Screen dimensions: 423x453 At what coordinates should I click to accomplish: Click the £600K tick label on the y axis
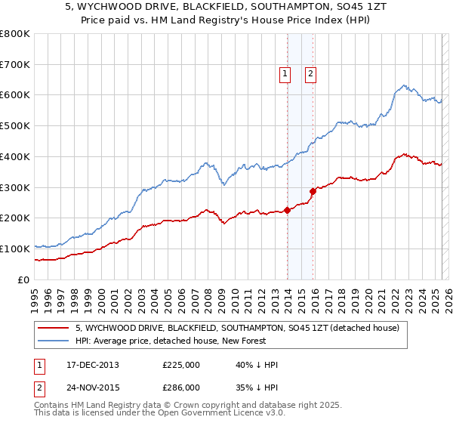pyautogui.click(x=15, y=95)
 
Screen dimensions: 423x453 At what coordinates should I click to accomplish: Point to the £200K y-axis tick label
pyautogui.click(x=15, y=218)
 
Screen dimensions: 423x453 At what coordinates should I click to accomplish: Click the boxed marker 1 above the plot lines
pyautogui.click(x=285, y=73)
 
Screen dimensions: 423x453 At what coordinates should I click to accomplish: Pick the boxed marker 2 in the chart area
pyautogui.click(x=310, y=73)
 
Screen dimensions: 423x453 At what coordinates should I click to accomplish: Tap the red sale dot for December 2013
pyautogui.click(x=288, y=210)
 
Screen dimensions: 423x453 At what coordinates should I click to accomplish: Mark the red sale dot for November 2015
pyautogui.click(x=313, y=191)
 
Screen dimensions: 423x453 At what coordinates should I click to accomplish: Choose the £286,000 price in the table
pyautogui.click(x=181, y=387)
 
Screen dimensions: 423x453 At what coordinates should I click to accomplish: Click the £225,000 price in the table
pyautogui.click(x=181, y=365)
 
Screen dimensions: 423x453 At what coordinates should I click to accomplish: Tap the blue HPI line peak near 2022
pyautogui.click(x=405, y=85)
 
